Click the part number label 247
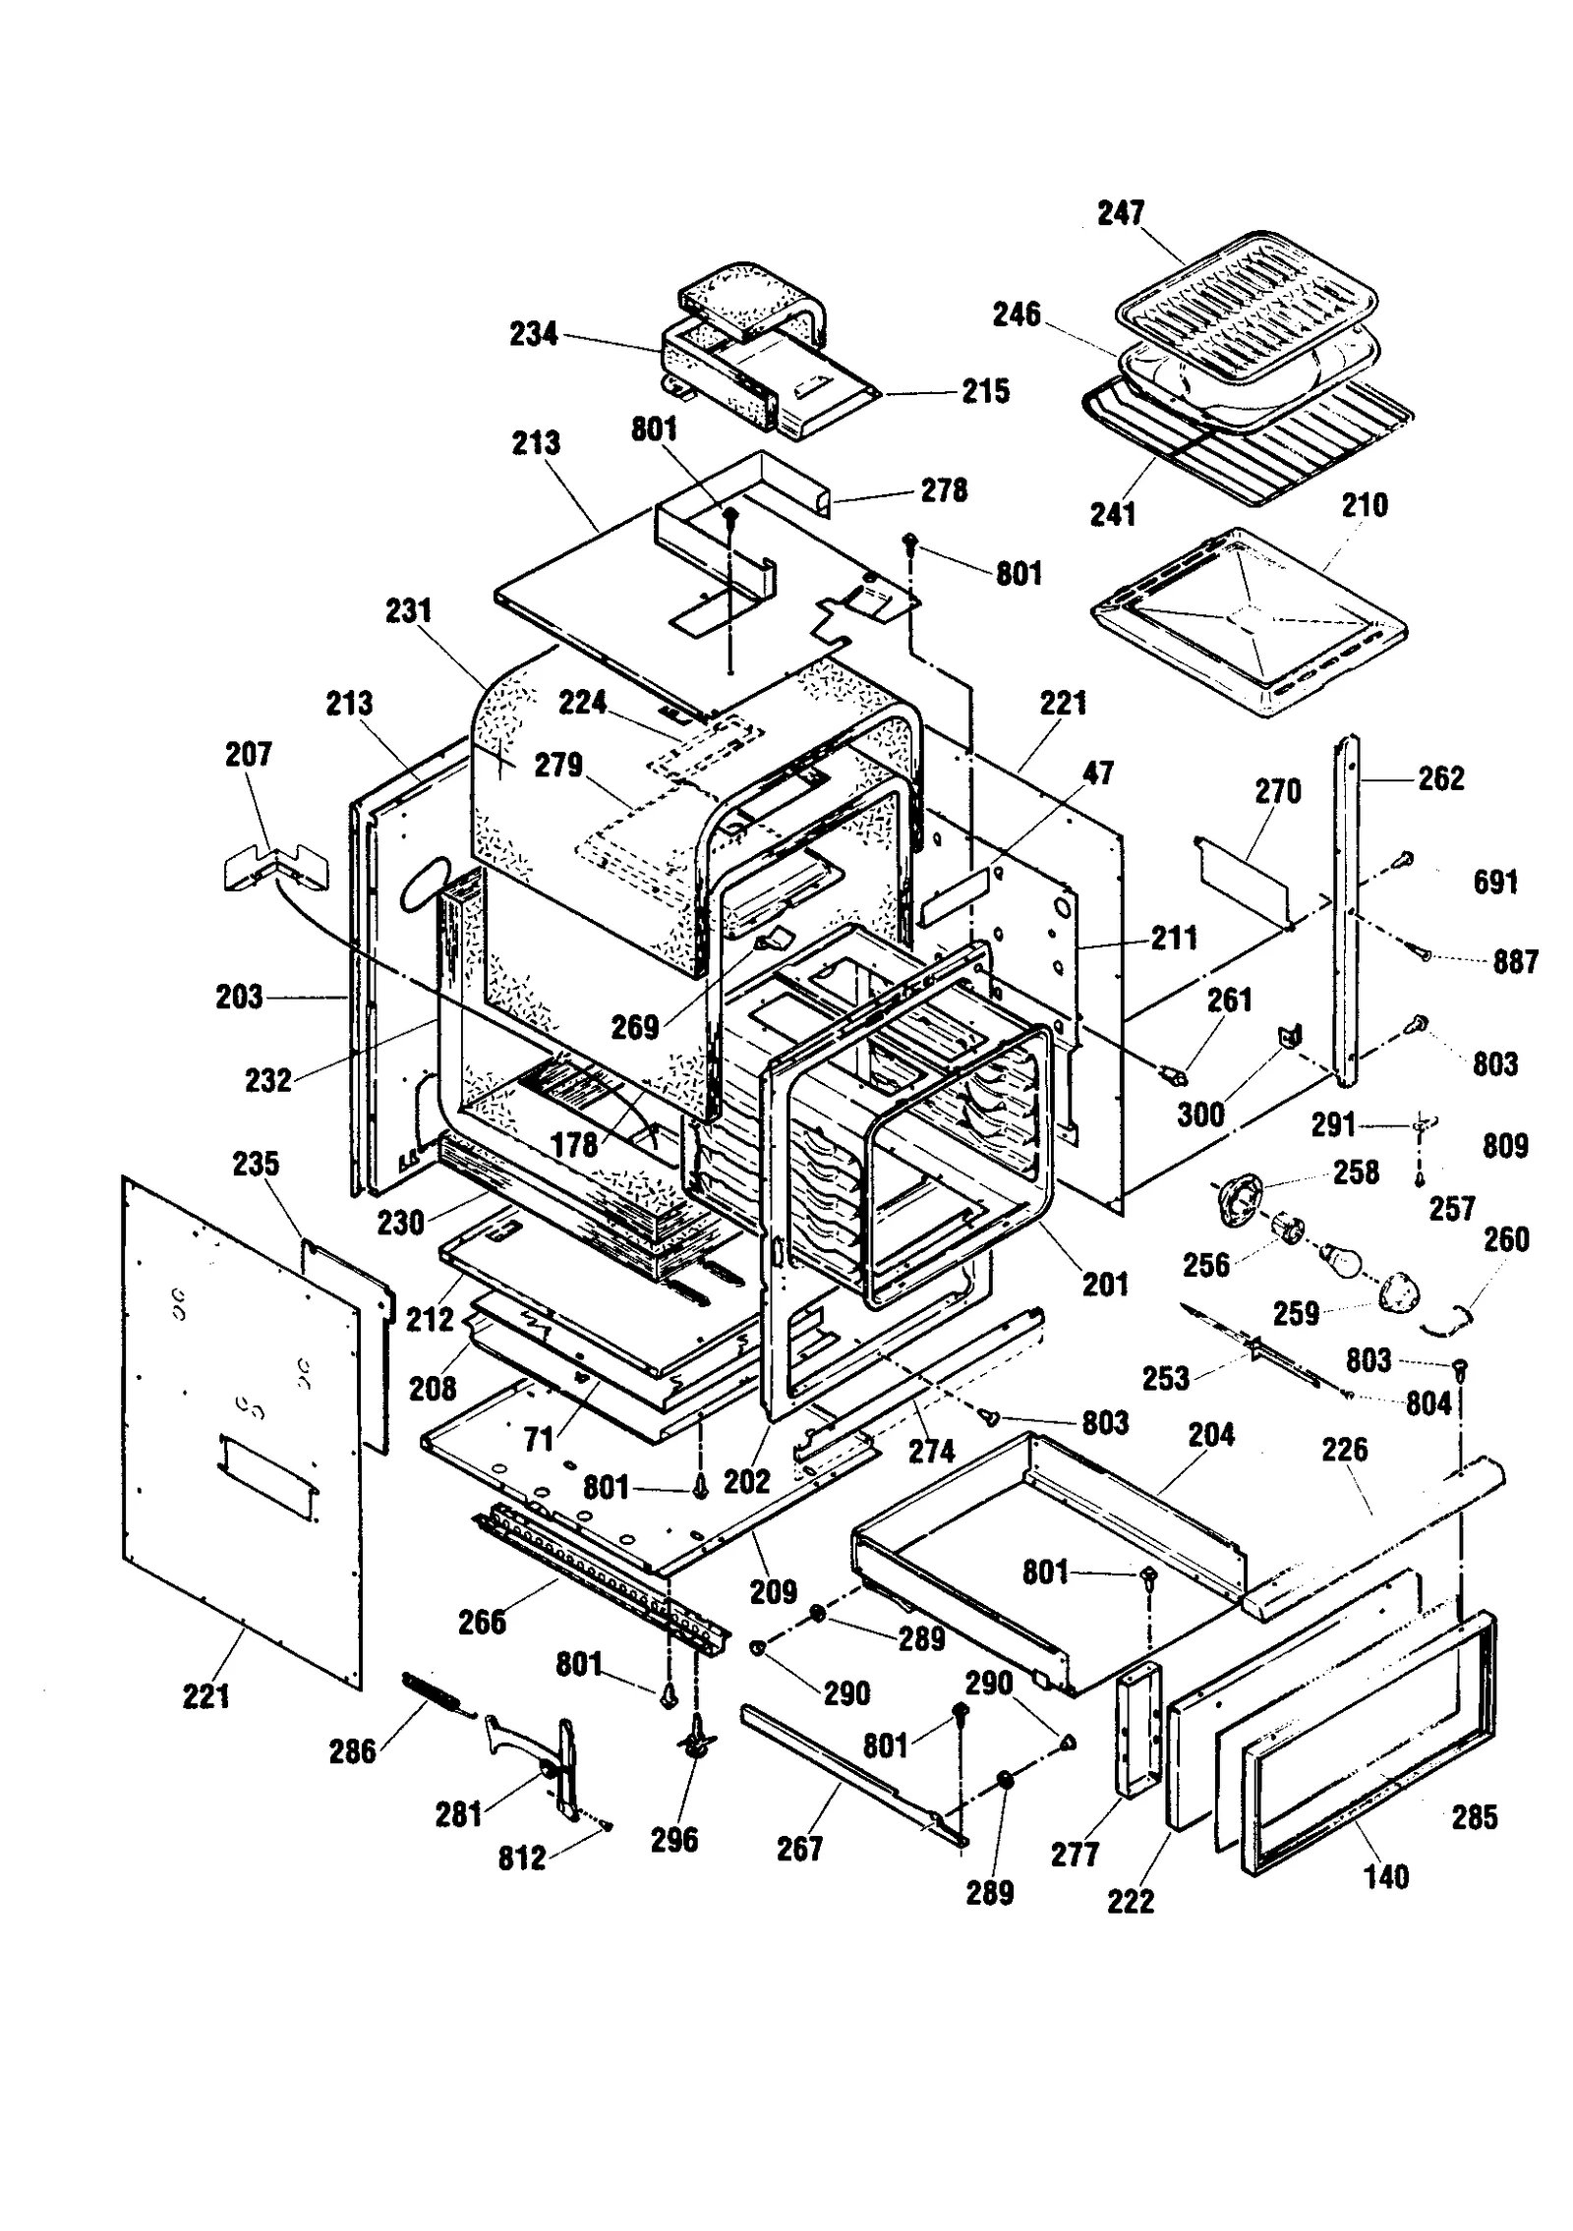pyautogui.click(x=1121, y=213)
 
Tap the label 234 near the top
pyautogui.click(x=533, y=334)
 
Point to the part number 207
pyautogui.click(x=248, y=755)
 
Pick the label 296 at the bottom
pyautogui.click(x=674, y=1840)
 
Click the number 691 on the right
pyautogui.click(x=1495, y=882)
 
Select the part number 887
pyautogui.click(x=1515, y=961)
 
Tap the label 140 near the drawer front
pyautogui.click(x=1386, y=1877)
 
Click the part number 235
pyautogui.click(x=256, y=1164)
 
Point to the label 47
pyautogui.click(x=1098, y=773)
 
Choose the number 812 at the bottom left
pyautogui.click(x=521, y=1858)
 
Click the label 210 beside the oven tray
pyautogui.click(x=1365, y=505)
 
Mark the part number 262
pyautogui.click(x=1441, y=778)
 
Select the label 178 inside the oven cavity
pyautogui.click(x=574, y=1145)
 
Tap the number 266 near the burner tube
pyautogui.click(x=482, y=1622)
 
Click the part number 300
pyautogui.click(x=1200, y=1115)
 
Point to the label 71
pyautogui.click(x=539, y=1440)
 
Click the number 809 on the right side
pyautogui.click(x=1505, y=1146)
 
